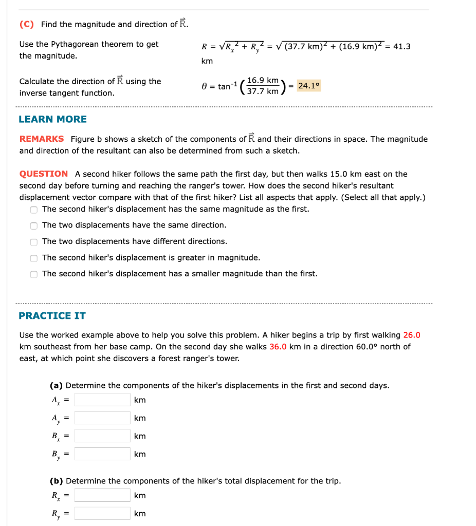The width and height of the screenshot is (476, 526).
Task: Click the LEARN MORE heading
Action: tap(52, 119)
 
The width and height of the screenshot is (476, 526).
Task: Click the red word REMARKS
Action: tap(42, 139)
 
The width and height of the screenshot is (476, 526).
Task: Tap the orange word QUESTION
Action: tap(44, 174)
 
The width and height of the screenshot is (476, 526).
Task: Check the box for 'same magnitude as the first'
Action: tap(34, 210)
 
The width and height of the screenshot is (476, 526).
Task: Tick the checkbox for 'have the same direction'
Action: tap(34, 226)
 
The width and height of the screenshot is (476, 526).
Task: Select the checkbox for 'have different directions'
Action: tap(34, 242)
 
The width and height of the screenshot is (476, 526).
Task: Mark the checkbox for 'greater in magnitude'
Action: tap(34, 258)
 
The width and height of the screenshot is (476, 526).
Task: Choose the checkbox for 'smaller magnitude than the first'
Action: tap(34, 274)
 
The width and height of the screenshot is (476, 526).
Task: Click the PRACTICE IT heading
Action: tap(52, 315)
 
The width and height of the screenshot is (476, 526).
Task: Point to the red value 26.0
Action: tap(412, 335)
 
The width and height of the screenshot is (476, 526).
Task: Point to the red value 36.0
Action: tap(278, 346)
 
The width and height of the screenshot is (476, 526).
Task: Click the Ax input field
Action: tap(102, 400)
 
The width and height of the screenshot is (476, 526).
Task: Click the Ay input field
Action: tap(102, 418)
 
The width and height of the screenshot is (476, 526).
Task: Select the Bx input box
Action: tap(102, 436)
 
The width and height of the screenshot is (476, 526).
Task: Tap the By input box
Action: tap(102, 454)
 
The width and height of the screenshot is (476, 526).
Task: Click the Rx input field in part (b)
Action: tap(102, 495)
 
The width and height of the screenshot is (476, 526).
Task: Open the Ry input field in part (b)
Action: tap(102, 514)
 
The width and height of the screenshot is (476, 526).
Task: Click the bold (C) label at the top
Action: tap(27, 24)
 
